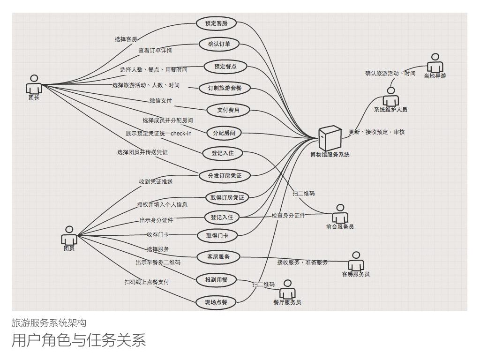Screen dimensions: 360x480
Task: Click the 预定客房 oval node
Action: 216,22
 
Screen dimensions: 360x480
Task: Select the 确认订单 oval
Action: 219,45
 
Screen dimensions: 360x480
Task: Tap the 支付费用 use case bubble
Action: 228,110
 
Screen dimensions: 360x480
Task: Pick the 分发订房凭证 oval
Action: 225,176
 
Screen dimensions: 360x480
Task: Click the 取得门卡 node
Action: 217,235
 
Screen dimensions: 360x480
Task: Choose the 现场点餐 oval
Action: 216,302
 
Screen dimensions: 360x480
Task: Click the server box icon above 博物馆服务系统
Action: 329,138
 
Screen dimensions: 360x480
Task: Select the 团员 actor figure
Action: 69,235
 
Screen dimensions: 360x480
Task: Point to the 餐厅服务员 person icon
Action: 287,289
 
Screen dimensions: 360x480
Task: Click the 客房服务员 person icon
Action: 356,261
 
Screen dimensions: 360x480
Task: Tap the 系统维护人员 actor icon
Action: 390,97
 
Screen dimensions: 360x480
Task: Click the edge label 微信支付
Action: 161,100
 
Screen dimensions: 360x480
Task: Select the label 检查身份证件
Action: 288,216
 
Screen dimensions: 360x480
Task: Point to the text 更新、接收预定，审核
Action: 376,132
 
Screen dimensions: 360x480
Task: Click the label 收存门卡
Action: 158,234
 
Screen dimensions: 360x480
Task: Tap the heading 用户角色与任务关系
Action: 79,340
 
